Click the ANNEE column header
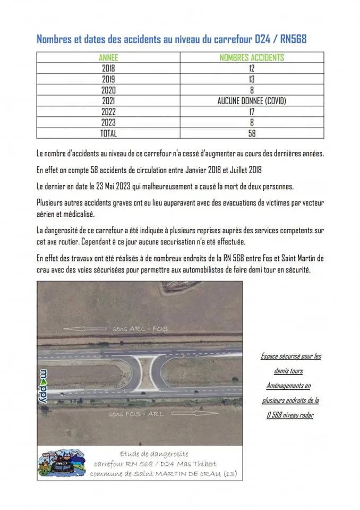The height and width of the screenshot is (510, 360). click(x=108, y=57)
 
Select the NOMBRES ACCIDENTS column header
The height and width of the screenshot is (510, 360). click(x=252, y=57)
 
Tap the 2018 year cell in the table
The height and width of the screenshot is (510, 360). click(x=108, y=68)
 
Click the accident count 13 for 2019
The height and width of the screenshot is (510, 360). click(x=252, y=79)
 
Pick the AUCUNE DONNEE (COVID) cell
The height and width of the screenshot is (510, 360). click(x=252, y=101)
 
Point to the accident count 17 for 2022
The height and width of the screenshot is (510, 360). click(x=252, y=112)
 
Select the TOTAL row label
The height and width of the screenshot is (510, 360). click(x=108, y=134)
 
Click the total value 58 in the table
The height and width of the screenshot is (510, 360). click(x=252, y=134)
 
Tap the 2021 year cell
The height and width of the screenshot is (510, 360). click(x=108, y=101)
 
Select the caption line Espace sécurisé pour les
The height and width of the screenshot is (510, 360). click(x=290, y=356)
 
